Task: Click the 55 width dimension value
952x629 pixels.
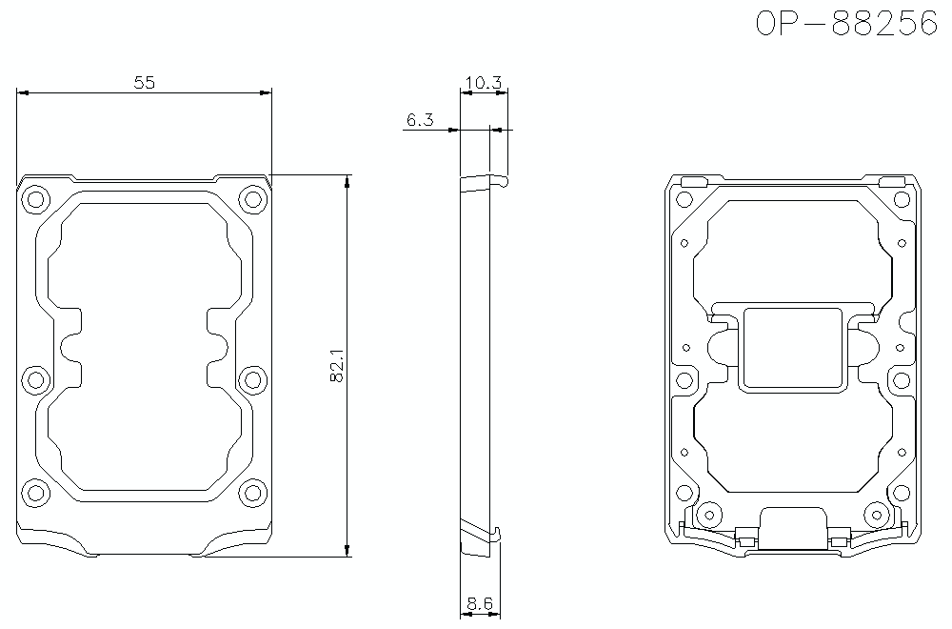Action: pos(144,83)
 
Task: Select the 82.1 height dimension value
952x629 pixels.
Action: pos(337,365)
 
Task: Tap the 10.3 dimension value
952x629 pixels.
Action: pos(484,83)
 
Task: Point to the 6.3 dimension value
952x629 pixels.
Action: pos(420,120)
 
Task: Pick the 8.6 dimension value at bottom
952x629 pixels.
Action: pos(480,603)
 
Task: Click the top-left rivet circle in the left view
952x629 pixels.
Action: pos(36,200)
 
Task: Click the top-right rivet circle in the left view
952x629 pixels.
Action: pos(251,200)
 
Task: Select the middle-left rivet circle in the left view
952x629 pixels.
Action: pos(36,379)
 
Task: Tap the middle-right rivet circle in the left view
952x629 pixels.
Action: pos(251,379)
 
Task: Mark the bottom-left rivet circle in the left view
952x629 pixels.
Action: pos(36,493)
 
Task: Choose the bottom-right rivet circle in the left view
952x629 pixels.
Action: pos(251,493)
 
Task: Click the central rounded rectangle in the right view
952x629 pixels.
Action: pos(793,348)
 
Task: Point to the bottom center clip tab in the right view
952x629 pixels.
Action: pos(793,528)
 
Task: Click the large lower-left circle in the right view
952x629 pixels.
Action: pos(706,516)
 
